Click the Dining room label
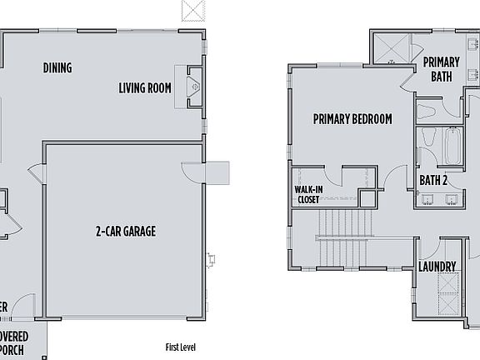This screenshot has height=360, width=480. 57,68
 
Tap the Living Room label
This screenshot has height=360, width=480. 145,87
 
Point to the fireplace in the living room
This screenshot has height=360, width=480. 191,85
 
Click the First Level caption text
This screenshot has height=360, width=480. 182,347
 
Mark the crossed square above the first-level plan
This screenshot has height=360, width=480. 193,10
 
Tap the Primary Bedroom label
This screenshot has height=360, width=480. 352,119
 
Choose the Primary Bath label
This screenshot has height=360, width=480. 441,70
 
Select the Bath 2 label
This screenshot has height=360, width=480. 434,179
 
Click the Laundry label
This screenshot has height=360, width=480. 437,267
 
